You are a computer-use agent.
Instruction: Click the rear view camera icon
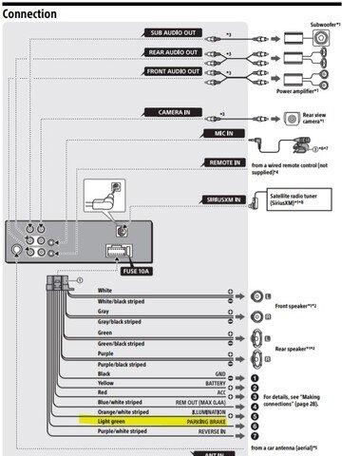(x=294, y=119)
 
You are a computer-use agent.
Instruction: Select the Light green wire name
(x=117, y=419)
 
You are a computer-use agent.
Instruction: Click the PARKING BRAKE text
(x=205, y=419)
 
